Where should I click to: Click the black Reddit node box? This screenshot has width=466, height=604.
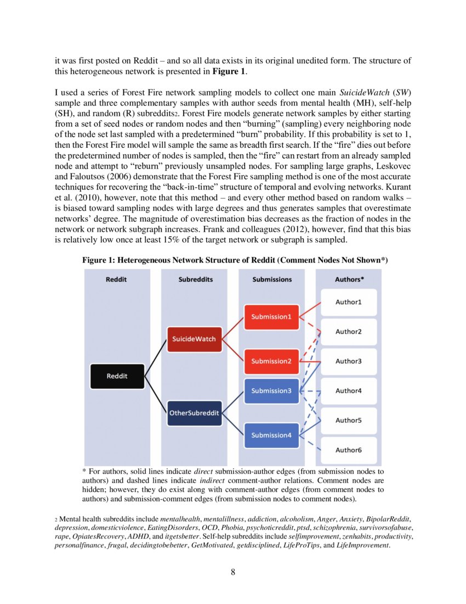(x=117, y=376)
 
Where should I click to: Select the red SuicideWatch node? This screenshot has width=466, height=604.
(x=194, y=339)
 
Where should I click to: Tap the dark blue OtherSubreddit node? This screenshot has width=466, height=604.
(x=194, y=412)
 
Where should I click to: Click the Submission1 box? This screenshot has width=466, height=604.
(x=271, y=317)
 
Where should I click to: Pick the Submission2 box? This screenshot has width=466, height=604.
(x=271, y=361)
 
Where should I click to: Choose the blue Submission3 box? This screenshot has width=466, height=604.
(x=271, y=391)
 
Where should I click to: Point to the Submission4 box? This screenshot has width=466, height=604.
(x=271, y=435)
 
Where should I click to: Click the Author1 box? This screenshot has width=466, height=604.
(x=349, y=302)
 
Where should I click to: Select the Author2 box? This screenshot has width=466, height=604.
(x=349, y=332)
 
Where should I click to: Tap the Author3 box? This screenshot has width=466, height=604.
(x=349, y=361)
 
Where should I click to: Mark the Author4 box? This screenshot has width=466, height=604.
(x=349, y=391)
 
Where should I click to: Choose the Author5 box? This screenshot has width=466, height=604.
(x=349, y=421)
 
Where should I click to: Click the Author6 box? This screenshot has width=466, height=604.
(x=349, y=450)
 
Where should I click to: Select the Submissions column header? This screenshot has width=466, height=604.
(x=272, y=279)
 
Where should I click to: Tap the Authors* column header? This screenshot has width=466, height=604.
(x=349, y=279)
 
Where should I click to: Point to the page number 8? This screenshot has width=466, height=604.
(x=233, y=572)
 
